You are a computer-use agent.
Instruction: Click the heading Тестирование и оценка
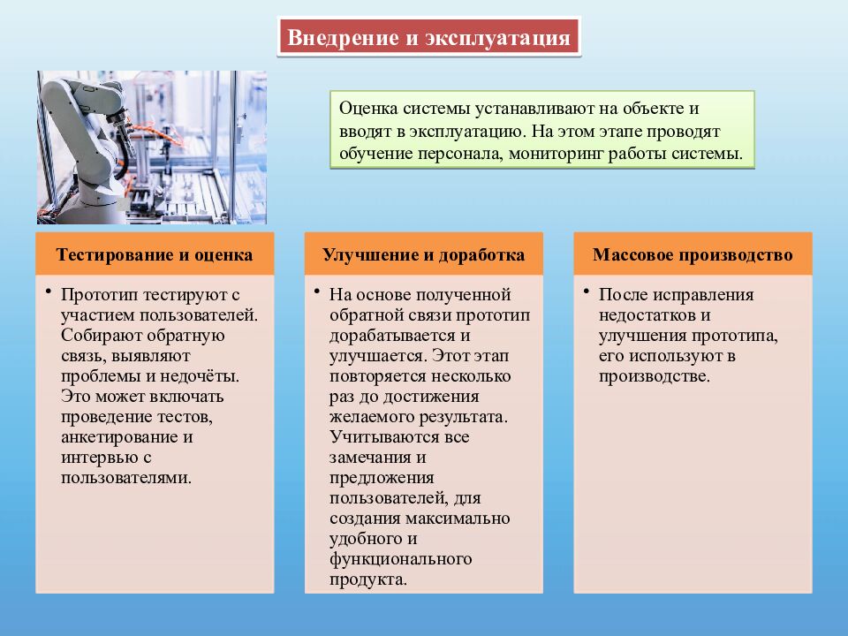pos(155,255)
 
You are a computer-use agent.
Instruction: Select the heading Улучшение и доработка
pos(424,255)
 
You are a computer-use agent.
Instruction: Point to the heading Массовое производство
pos(693,255)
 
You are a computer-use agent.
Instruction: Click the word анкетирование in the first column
pos(115,437)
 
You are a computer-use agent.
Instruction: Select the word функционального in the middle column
pos(400,559)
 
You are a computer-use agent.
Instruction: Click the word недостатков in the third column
pos(647,314)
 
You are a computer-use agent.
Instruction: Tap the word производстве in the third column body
pos(653,375)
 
